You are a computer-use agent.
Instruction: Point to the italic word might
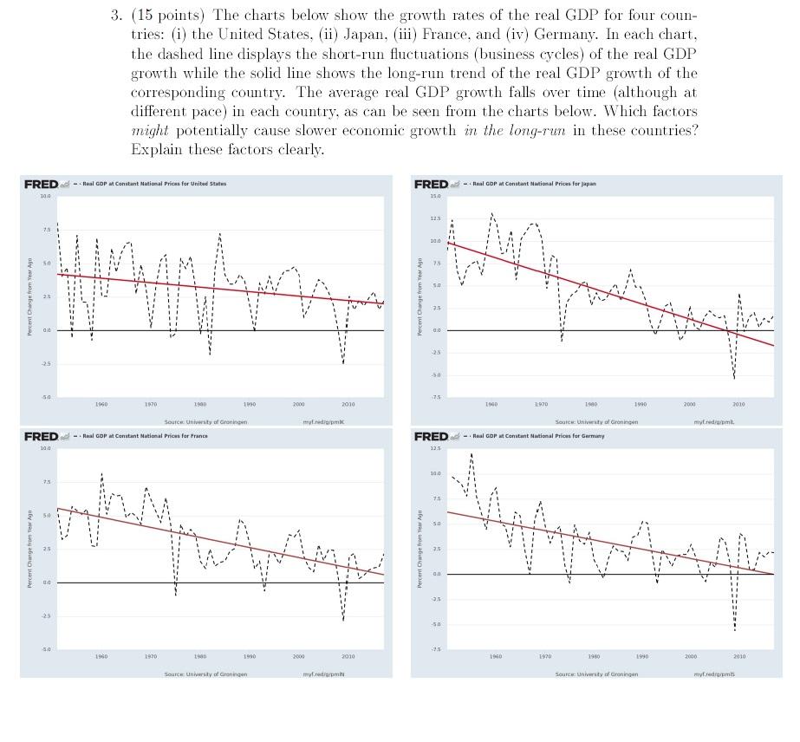[150, 131]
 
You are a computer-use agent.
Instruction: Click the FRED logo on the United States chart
[41, 184]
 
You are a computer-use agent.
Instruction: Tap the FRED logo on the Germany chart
[432, 435]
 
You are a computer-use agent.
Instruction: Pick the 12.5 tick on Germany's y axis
[422, 448]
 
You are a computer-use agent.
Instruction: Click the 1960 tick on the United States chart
[101, 404]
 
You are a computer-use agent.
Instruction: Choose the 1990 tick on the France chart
[250, 656]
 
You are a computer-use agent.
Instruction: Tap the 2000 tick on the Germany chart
[690, 656]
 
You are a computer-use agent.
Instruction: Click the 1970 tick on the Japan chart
[542, 404]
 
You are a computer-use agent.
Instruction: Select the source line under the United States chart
[205, 421]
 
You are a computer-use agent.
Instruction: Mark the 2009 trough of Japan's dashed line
[734, 378]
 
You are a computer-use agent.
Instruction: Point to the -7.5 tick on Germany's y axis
[422, 648]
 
